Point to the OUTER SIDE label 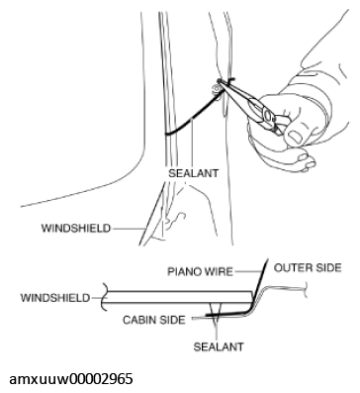pos(307,268)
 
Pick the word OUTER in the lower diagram pos(294,268)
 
